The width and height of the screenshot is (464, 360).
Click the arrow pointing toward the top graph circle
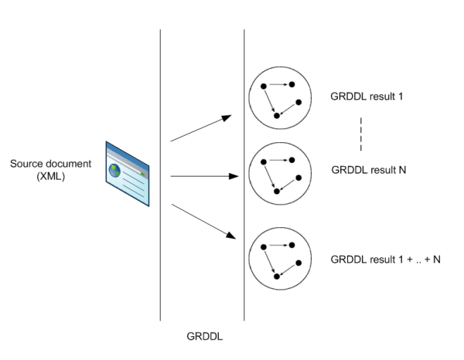(202, 128)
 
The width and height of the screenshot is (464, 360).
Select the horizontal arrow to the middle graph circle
(203, 176)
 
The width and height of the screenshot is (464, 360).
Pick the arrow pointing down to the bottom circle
(202, 221)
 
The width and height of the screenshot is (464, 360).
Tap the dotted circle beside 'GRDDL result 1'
(280, 97)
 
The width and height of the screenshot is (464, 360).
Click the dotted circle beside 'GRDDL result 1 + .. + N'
(280, 256)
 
